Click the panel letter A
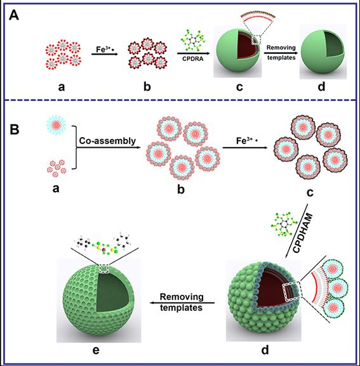click(x=14, y=16)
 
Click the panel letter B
click(x=14, y=129)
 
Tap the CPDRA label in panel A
click(x=193, y=59)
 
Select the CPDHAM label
click(x=303, y=233)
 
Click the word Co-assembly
click(x=107, y=141)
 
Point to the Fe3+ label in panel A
click(x=105, y=49)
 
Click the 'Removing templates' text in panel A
click(x=281, y=53)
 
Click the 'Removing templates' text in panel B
click(x=182, y=302)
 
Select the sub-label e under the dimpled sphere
click(x=97, y=350)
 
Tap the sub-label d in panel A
click(x=321, y=86)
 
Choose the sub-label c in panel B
click(x=310, y=193)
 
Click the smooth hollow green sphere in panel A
click(x=323, y=51)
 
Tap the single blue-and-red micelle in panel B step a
click(x=56, y=126)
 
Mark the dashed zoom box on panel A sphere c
click(x=257, y=40)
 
